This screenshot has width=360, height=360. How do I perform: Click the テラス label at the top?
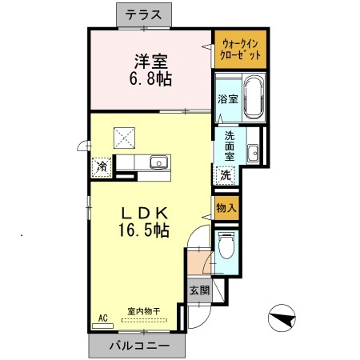point(144,14)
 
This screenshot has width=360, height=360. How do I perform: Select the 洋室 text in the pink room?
point(150,61)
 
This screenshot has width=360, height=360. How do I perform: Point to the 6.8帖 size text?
point(150,80)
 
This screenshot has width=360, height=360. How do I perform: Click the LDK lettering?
point(144,214)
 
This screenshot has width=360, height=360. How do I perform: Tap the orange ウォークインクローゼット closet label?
point(239,48)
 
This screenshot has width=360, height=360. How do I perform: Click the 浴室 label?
point(227,99)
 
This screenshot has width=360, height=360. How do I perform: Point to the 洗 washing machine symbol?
point(226,174)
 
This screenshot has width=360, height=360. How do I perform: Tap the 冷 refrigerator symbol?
point(102,166)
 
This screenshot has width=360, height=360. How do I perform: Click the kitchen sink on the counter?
point(158,162)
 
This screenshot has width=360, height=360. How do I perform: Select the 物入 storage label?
point(226,207)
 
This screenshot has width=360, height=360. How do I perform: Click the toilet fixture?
point(226,245)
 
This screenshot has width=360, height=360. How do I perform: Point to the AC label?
point(102,318)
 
